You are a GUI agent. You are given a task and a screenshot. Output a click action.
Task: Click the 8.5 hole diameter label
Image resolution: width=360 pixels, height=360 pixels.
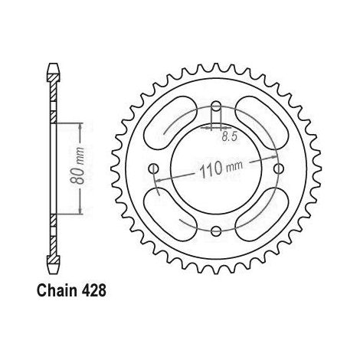(230, 137)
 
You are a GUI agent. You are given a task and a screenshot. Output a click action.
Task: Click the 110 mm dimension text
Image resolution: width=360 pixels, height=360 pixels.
(221, 169)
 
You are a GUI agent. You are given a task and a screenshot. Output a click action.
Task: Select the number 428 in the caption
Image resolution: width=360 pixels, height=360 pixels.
(93, 290)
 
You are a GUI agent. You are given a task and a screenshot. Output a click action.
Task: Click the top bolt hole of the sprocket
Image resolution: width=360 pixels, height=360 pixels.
(216, 106)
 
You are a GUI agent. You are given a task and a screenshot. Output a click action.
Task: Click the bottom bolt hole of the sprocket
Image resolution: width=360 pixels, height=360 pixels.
(216, 231)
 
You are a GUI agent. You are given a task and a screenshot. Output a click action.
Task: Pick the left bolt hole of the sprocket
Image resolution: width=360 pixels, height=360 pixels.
(153, 169)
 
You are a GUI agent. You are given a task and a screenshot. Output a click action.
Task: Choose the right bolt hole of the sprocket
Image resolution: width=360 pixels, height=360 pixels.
(279, 169)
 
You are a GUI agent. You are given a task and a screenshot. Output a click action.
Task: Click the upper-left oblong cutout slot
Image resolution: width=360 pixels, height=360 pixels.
(171, 123)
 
